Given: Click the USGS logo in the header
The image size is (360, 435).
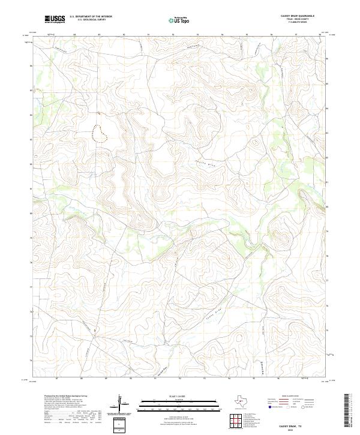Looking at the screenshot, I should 55,19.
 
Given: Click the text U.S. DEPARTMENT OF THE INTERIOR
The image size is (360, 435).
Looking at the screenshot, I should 91,17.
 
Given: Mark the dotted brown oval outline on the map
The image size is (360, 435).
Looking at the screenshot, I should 100,133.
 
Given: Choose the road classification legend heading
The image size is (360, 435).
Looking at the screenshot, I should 284,397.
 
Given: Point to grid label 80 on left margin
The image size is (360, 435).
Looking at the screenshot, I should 32,213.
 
